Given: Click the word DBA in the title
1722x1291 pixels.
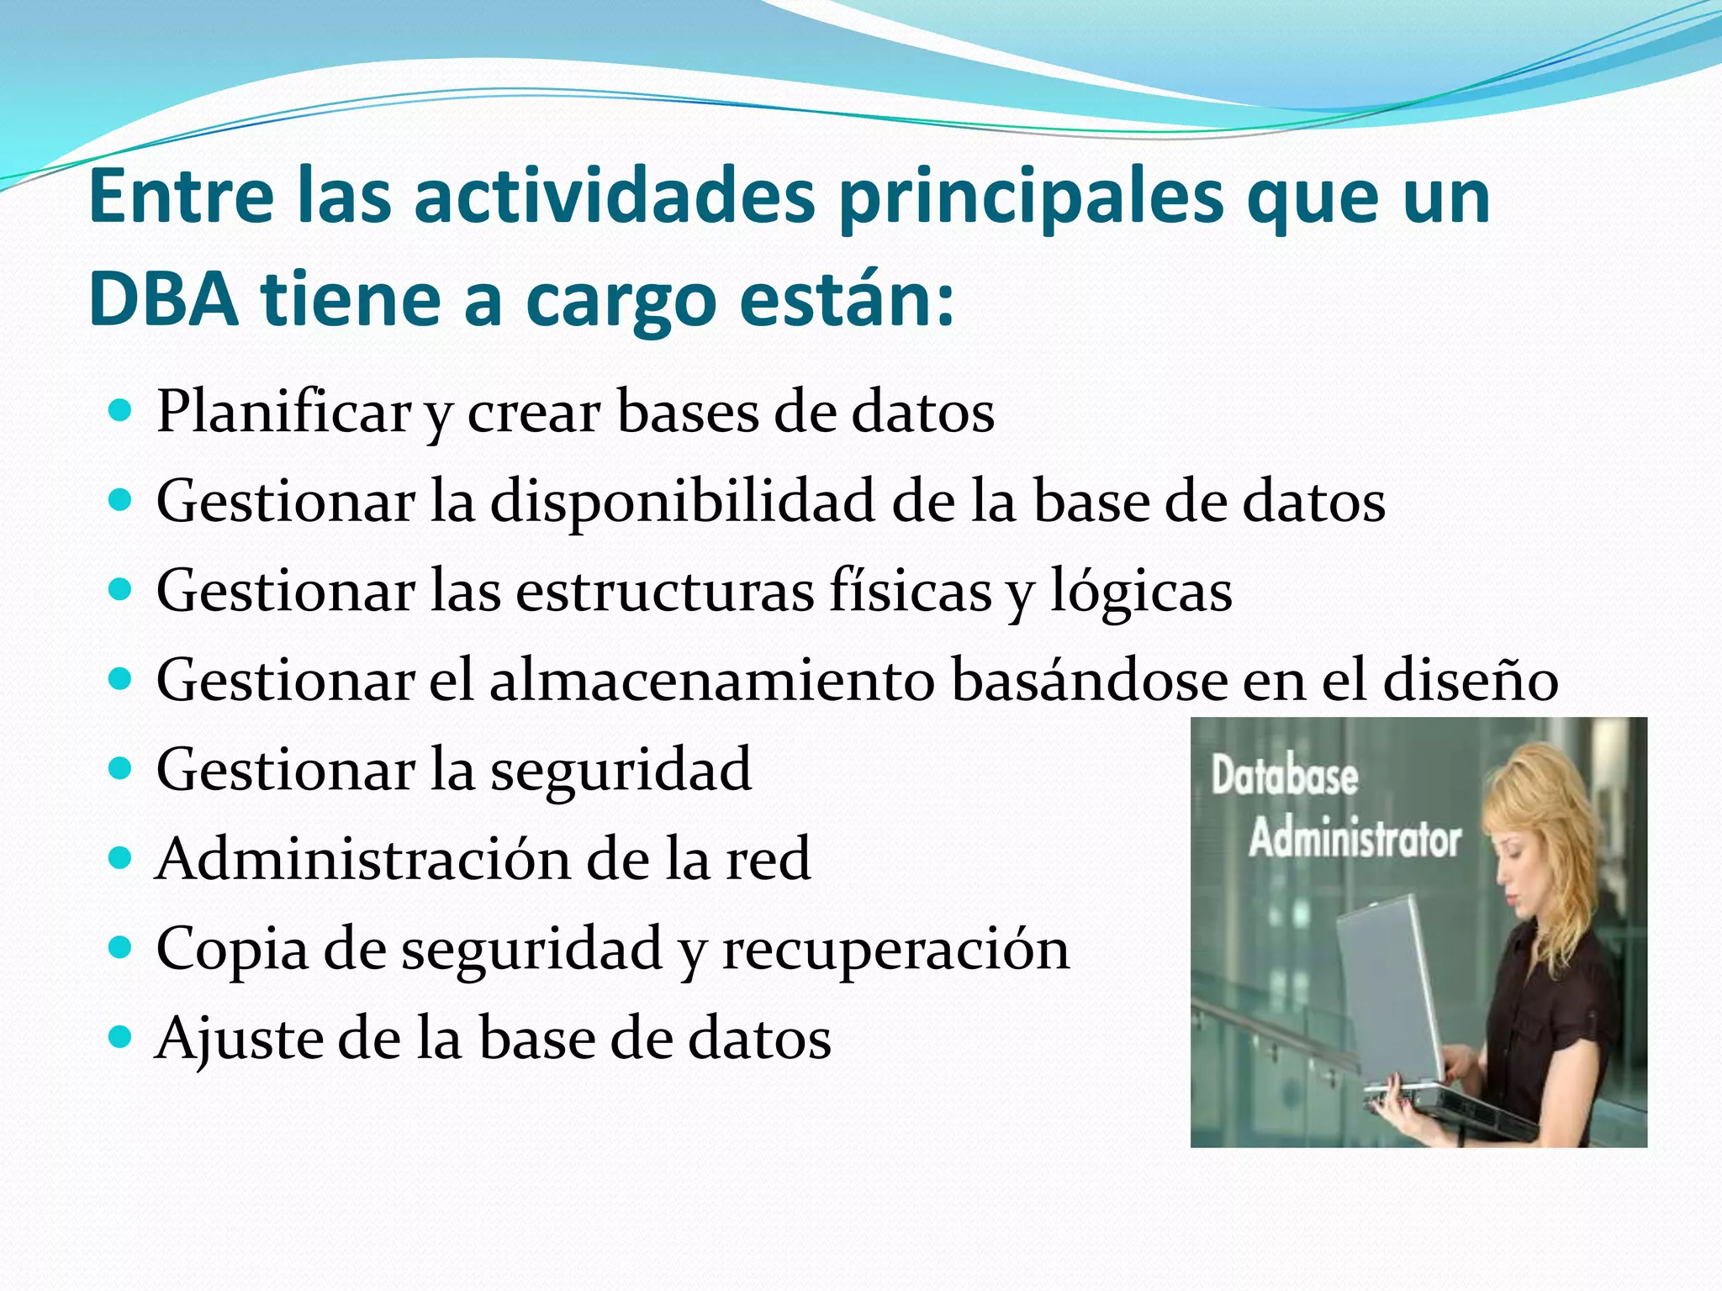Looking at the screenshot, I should coord(163,300).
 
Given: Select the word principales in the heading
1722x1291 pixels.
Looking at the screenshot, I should coord(1032,198).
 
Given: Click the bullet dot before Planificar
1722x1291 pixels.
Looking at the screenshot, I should coord(121,412).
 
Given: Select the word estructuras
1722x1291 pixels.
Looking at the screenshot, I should coord(664,591).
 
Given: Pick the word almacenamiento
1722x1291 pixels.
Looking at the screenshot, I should coord(711,680).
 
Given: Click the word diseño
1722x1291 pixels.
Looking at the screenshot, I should coord(1471,680).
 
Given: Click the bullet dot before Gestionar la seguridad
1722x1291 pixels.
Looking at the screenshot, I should coord(121,769).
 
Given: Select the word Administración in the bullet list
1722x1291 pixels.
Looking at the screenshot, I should coord(362,859).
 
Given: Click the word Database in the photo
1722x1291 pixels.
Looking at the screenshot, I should coord(1284,777).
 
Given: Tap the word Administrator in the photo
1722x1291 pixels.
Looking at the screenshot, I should coord(1355,839).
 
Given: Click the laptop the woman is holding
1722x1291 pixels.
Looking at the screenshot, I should coord(1387,992).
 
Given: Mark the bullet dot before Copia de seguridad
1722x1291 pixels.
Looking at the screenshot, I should coord(121,948).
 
